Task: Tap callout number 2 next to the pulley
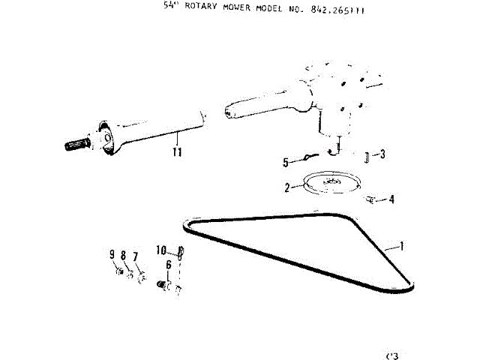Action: (287, 187)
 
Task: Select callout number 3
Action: (382, 155)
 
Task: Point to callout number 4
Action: (391, 199)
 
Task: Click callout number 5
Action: (286, 162)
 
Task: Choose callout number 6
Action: (169, 265)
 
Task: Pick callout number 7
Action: (136, 257)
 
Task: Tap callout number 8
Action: (123, 256)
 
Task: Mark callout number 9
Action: (112, 255)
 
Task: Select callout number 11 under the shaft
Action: (176, 153)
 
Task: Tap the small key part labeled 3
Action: (366, 157)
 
